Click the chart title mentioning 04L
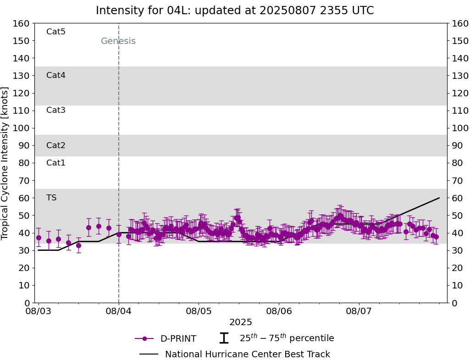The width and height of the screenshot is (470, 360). click(x=235, y=11)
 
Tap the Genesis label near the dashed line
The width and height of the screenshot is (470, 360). click(x=118, y=41)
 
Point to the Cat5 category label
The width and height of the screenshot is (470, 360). click(x=56, y=32)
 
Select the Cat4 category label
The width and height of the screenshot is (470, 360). click(x=56, y=75)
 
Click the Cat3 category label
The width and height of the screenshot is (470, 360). click(x=56, y=110)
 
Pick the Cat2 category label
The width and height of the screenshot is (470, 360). click(x=56, y=145)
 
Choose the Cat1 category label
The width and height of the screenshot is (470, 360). click(x=56, y=163)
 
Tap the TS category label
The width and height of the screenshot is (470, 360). click(x=51, y=198)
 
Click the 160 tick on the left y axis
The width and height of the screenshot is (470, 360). click(x=22, y=23)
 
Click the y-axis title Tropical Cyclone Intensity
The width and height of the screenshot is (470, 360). click(x=5, y=163)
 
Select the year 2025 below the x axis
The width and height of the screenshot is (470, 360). click(x=241, y=322)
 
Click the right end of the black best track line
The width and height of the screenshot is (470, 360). click(x=439, y=198)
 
